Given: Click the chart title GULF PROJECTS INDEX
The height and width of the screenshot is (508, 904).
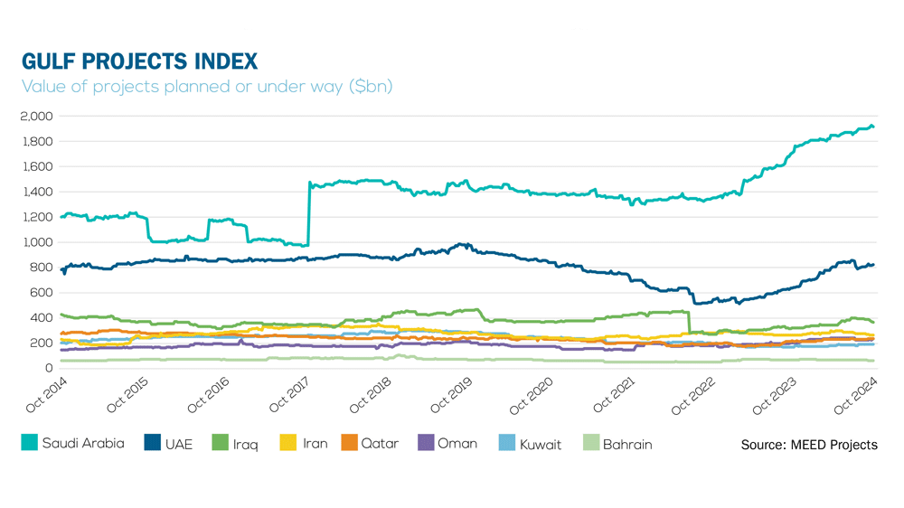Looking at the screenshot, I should tap(140, 61).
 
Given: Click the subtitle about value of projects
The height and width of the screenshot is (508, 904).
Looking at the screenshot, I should tap(207, 88).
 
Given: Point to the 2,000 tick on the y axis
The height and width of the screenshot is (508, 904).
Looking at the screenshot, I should tap(37, 117).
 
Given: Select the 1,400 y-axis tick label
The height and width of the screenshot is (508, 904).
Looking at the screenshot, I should tap(37, 192).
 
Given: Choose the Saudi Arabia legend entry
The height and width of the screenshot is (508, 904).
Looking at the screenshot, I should tap(72, 444).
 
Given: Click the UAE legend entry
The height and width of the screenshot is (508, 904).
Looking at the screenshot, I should tap(168, 444).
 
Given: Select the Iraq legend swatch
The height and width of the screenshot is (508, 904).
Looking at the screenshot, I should tap(219, 444).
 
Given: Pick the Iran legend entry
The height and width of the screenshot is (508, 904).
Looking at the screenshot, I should tap(304, 444).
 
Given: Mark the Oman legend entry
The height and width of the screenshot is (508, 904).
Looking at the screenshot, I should tap(447, 444).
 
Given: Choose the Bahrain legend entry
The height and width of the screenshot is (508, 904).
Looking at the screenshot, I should tap(617, 444).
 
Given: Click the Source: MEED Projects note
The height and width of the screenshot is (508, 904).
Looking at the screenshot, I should tap(808, 445).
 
